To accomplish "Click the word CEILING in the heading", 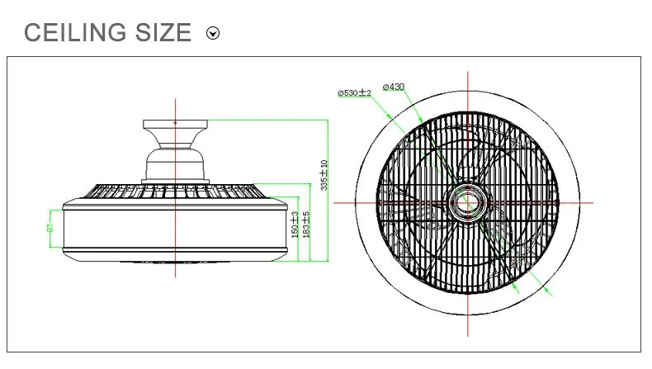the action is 75,32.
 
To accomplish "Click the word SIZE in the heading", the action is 163,32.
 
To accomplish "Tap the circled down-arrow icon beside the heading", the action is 213,33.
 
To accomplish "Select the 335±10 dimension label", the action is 324,175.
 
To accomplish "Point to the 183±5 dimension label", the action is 306,225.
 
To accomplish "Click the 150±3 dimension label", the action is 295,225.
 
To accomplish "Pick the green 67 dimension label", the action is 50,228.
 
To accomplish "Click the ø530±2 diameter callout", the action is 354,92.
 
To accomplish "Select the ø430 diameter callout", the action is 394,87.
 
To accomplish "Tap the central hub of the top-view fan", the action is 468,203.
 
